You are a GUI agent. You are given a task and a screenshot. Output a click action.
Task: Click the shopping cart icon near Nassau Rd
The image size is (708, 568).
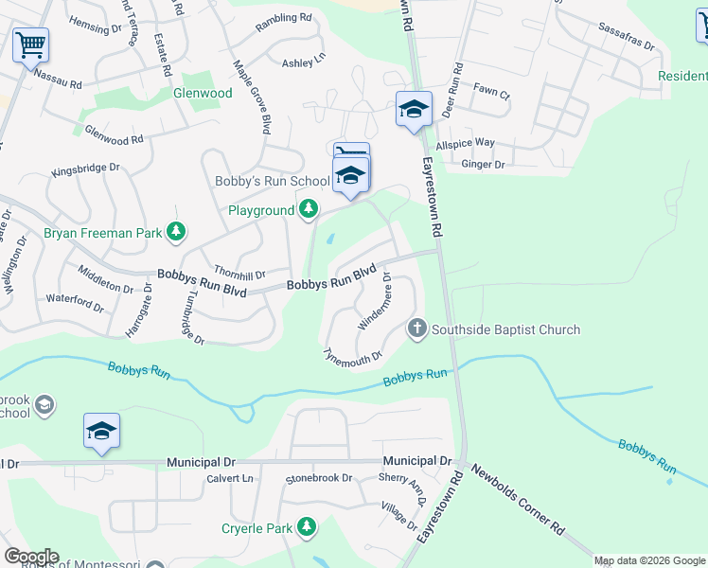pos(31,44)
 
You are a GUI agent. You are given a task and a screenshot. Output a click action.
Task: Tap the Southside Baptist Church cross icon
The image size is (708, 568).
pos(416,328)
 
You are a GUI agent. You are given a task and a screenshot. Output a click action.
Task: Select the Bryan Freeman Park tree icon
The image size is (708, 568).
pos(175,230)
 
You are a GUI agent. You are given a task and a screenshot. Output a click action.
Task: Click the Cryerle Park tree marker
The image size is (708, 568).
pos(306,526)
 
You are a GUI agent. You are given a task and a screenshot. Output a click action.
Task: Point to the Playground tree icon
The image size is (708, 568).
pos(308,208)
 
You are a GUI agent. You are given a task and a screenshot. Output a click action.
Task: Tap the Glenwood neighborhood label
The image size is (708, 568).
pos(203,93)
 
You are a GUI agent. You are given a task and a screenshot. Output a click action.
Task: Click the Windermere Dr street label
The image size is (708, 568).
pos(374,301)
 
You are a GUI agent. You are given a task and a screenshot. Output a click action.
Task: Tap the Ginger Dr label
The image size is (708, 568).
pos(483,165)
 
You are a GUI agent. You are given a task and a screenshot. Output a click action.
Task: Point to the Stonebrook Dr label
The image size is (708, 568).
pos(319,479)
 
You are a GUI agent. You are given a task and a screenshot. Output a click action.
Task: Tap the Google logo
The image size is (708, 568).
pos(30,557)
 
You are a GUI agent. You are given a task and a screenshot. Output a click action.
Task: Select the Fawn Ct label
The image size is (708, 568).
pos(492,95)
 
